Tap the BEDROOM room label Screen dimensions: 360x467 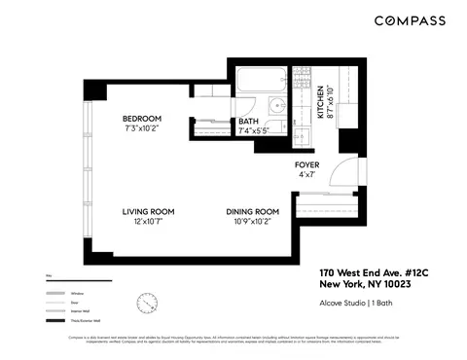coord(141,118)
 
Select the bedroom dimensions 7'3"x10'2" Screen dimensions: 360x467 coord(141,128)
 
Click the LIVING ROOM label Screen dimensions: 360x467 coord(147,211)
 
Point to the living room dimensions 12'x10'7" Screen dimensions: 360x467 coord(147,222)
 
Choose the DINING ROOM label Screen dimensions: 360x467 coord(252,211)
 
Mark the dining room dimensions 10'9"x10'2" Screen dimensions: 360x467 coord(252,222)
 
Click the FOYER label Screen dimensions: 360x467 coord(307,164)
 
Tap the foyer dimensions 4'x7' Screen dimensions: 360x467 coord(307,175)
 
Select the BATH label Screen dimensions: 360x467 coord(249,121)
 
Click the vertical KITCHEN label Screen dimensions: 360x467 coord(322,102)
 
